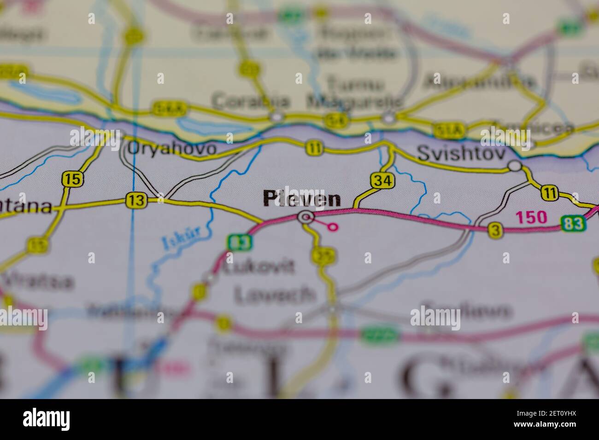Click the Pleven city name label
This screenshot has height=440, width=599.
[302, 199]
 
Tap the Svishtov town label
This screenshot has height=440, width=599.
[461, 154]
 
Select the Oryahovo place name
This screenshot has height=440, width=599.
[171, 148]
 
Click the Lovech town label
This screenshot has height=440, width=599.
[275, 294]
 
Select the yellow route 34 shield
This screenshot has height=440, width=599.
[382, 181]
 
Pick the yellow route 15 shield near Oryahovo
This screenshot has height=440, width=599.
[72, 179]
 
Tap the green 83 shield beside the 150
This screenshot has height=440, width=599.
[574, 224]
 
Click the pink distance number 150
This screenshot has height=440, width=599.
[531, 217]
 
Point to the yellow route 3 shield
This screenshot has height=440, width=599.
[495, 230]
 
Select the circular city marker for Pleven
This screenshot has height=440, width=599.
[305, 217]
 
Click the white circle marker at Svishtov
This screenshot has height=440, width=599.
[515, 166]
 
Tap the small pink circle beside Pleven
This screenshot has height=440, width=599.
[333, 226]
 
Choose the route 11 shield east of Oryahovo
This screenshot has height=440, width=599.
[314, 148]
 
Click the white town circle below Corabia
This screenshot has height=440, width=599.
[276, 117]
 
